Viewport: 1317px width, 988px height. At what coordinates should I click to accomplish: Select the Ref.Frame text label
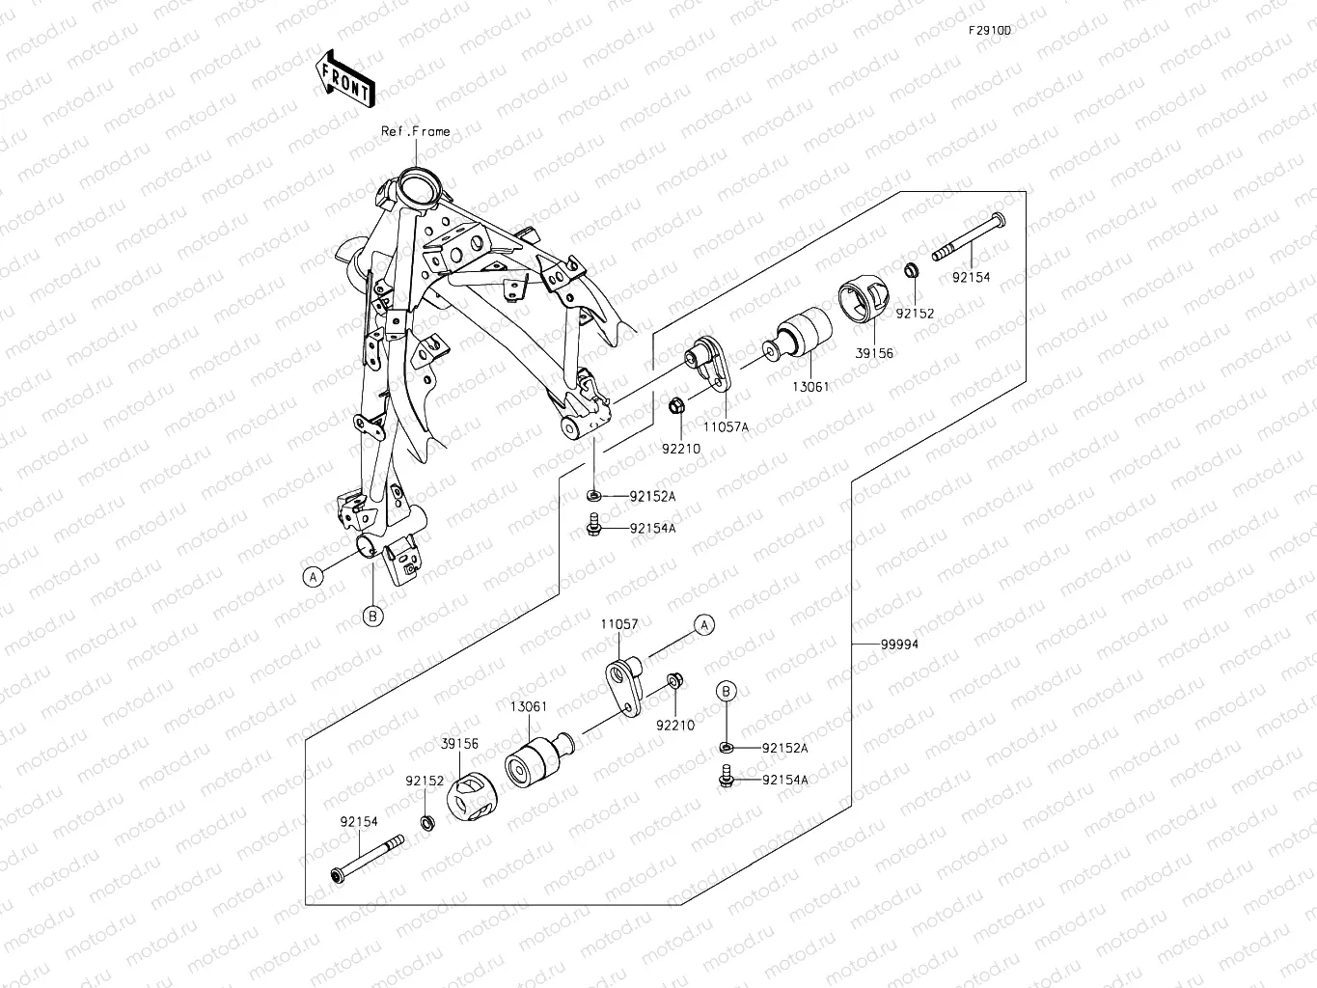click(x=415, y=131)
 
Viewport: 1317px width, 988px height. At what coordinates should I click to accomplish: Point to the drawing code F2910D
click(x=990, y=30)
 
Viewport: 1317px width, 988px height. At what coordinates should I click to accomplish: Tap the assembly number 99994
click(x=899, y=645)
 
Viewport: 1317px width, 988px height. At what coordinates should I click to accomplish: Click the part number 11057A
click(x=726, y=425)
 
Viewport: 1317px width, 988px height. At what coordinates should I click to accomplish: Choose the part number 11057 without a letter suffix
click(x=618, y=624)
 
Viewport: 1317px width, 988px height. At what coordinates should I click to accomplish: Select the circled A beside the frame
click(x=312, y=576)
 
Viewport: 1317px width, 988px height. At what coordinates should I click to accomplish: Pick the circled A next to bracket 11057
click(x=704, y=624)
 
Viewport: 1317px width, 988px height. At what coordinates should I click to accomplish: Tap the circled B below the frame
click(x=373, y=615)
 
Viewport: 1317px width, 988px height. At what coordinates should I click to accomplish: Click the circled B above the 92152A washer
click(x=727, y=690)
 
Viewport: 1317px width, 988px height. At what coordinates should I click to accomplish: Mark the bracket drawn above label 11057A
click(x=710, y=362)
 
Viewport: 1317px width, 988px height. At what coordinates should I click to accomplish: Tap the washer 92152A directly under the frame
click(x=594, y=496)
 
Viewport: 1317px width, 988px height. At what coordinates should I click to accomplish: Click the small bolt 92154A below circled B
click(x=727, y=776)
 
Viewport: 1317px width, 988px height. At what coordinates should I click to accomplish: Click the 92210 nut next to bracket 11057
click(x=674, y=682)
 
